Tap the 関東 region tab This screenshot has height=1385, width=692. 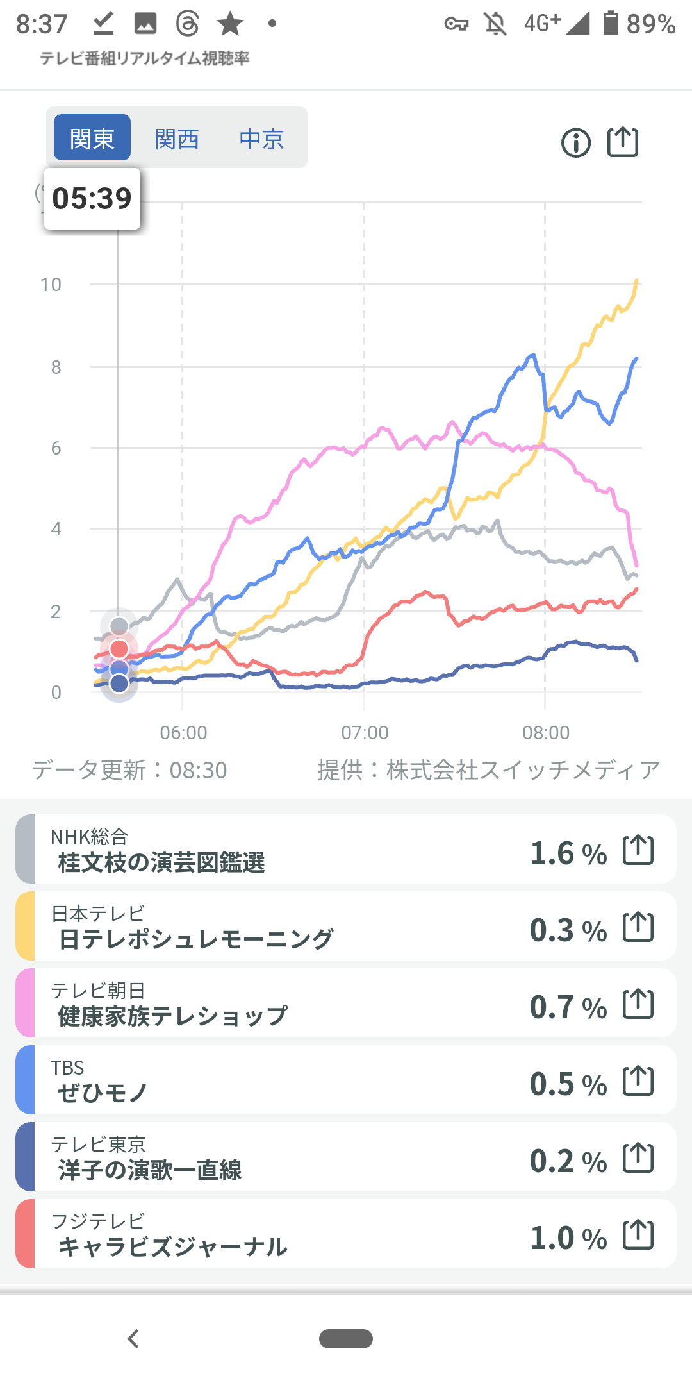pyautogui.click(x=92, y=138)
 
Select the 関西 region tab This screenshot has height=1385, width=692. pyautogui.click(x=177, y=138)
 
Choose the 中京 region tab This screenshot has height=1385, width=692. pyautogui.click(x=261, y=138)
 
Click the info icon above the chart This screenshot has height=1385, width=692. pyautogui.click(x=576, y=142)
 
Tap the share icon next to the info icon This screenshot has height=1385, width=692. pyautogui.click(x=623, y=142)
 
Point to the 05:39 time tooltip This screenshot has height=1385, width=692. pyautogui.click(x=92, y=199)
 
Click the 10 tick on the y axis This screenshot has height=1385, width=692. pyautogui.click(x=51, y=285)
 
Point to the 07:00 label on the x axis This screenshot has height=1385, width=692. pyautogui.click(x=365, y=732)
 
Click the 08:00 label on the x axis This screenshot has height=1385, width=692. pyautogui.click(x=546, y=732)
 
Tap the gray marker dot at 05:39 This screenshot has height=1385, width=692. pyautogui.click(x=119, y=626)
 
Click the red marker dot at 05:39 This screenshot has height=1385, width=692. pyautogui.click(x=119, y=649)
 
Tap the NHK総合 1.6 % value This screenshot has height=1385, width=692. pyautogui.click(x=568, y=853)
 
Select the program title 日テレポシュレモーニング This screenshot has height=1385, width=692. pyautogui.click(x=196, y=939)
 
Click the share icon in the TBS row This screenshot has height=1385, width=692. pyautogui.click(x=638, y=1081)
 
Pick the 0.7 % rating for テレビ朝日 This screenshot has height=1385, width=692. pyautogui.click(x=568, y=1007)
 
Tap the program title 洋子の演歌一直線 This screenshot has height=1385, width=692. pyautogui.click(x=150, y=1170)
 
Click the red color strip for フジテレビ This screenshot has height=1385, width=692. pyautogui.click(x=25, y=1234)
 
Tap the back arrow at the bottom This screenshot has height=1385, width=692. pyautogui.click(x=133, y=1339)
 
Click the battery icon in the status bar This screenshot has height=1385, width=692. pyautogui.click(x=611, y=23)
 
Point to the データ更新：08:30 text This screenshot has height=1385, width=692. pyautogui.click(x=129, y=770)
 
